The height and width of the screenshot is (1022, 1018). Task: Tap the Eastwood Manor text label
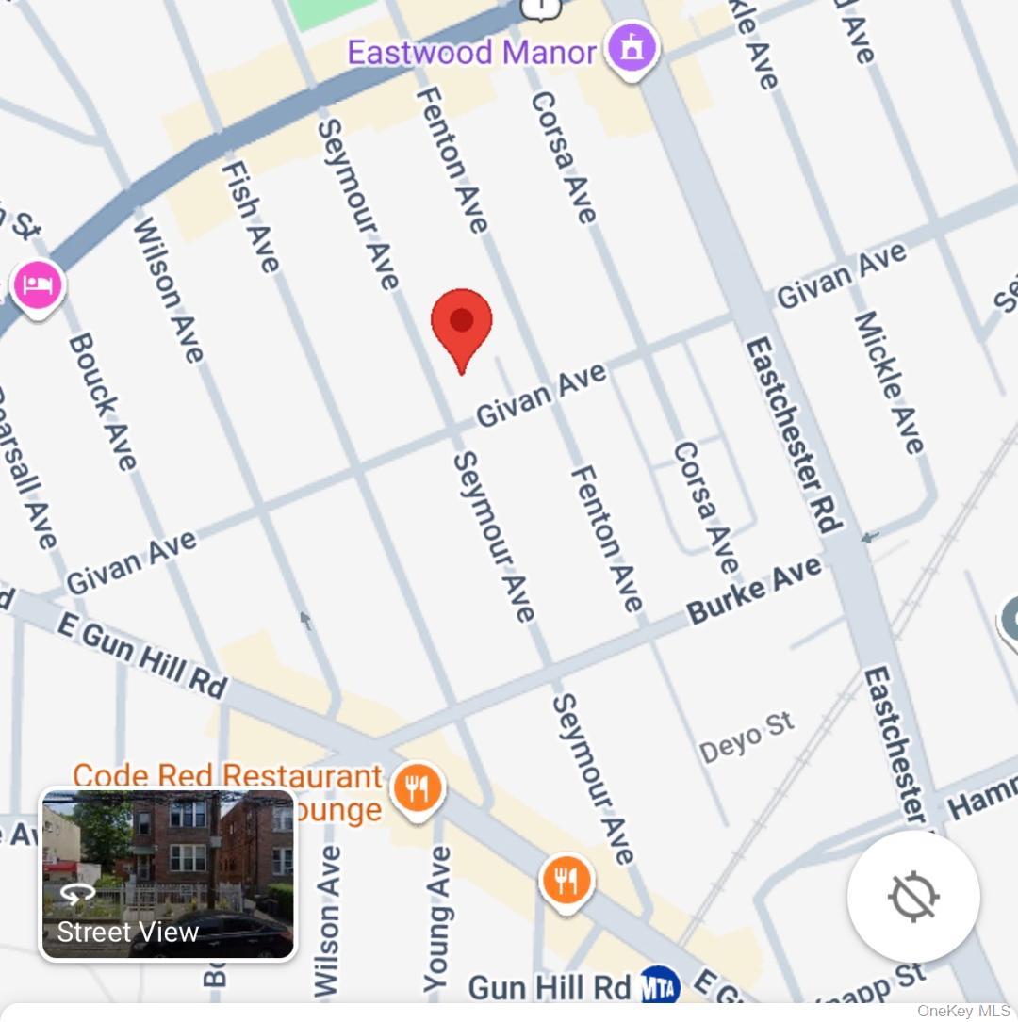coord(471,52)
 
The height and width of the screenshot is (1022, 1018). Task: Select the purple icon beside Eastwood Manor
coord(632,48)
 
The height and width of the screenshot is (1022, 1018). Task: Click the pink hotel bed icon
coord(37,285)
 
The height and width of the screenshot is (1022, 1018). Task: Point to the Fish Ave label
coord(251,216)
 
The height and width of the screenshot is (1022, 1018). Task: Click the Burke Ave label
coord(754,591)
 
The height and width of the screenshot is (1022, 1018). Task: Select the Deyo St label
coord(747,738)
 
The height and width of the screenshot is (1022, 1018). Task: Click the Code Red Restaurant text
coord(227,777)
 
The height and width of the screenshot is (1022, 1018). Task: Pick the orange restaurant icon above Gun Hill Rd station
coord(566,882)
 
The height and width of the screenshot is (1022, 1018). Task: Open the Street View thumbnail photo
coord(168,874)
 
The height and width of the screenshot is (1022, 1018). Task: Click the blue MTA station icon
coord(660,986)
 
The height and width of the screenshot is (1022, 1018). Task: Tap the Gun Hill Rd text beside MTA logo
coord(550,987)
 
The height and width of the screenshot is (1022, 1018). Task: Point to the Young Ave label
coord(437,918)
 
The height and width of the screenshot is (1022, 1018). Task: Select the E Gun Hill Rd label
coord(141,654)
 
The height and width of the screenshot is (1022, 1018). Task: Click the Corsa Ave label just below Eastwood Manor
coord(563,156)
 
